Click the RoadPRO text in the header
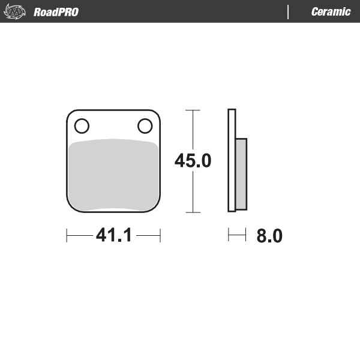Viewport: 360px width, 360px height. pyautogui.click(x=56, y=12)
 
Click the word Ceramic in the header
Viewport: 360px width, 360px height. pyautogui.click(x=331, y=12)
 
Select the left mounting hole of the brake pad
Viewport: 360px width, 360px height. pyautogui.click(x=82, y=126)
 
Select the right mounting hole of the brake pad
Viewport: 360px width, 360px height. pyautogui.click(x=145, y=126)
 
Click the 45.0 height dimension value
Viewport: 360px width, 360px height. pyautogui.click(x=193, y=161)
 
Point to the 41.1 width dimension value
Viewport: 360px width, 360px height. pyautogui.click(x=113, y=236)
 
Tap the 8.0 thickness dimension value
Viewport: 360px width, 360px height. pyautogui.click(x=269, y=236)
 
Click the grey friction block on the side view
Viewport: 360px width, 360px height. pyautogui.click(x=241, y=174)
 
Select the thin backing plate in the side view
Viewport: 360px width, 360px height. pyautogui.click(x=232, y=161)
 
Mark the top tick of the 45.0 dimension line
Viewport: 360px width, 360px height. pyautogui.click(x=192, y=110)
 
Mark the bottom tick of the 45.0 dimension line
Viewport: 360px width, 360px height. pyautogui.click(x=192, y=212)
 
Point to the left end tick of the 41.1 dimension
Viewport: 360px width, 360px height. pyautogui.click(x=66, y=236)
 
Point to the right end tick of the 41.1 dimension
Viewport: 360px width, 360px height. pyautogui.click(x=161, y=236)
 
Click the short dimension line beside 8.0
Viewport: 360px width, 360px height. pyautogui.click(x=237, y=236)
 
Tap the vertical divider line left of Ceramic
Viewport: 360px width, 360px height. pyautogui.click(x=289, y=12)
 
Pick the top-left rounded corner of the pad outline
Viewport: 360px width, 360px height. pyautogui.click(x=70, y=114)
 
